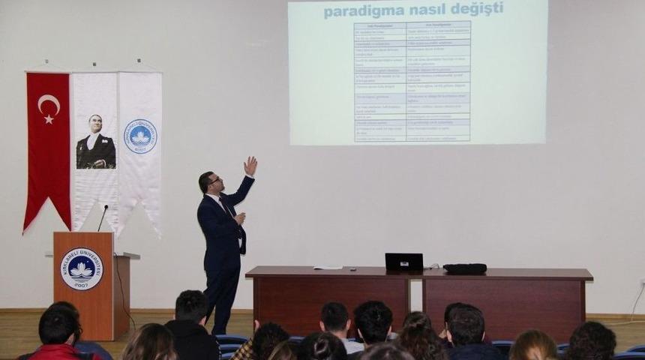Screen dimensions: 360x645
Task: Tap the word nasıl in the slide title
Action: click(427, 9)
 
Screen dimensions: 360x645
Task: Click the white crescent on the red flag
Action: click(47, 104)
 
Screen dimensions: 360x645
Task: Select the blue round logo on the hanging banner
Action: click(140, 136)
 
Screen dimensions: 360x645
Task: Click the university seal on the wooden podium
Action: click(81, 268)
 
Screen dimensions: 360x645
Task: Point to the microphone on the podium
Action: click(103, 217)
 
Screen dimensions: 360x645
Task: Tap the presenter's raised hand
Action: click(250, 166)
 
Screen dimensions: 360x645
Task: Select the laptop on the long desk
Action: click(403, 262)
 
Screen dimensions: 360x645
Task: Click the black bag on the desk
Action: click(465, 268)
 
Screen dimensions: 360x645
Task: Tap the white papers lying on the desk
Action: click(328, 267)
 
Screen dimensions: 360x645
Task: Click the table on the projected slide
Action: click(412, 81)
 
